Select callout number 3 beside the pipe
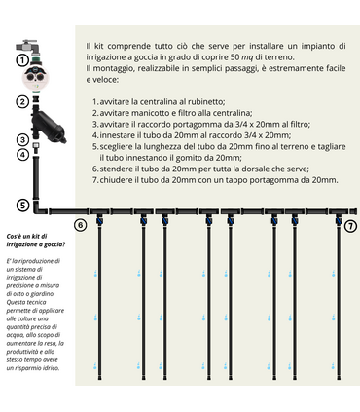click(x=22, y=139)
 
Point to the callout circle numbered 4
click(x=22, y=154)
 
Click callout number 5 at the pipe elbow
click(x=22, y=206)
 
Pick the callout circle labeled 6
click(x=81, y=225)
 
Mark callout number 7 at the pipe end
click(x=351, y=225)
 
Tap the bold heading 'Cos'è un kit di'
click(x=28, y=238)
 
